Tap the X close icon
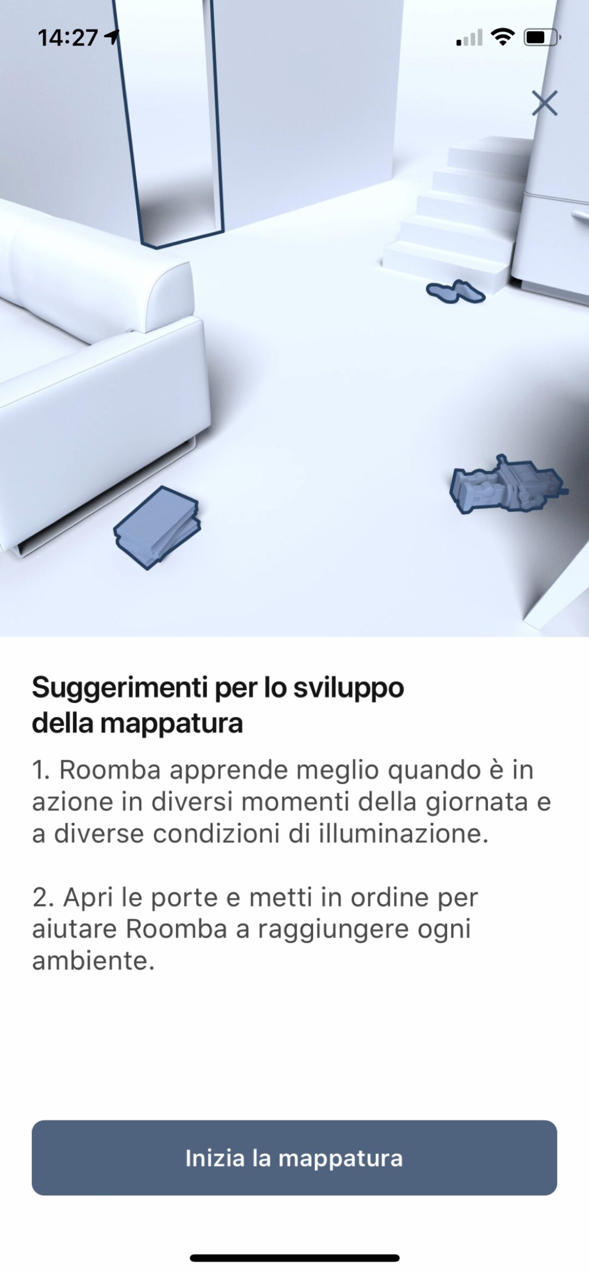544,103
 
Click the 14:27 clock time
68,38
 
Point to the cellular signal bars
469,37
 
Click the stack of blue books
156,528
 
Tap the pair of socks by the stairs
456,291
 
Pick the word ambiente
94,961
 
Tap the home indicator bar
295,1258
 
